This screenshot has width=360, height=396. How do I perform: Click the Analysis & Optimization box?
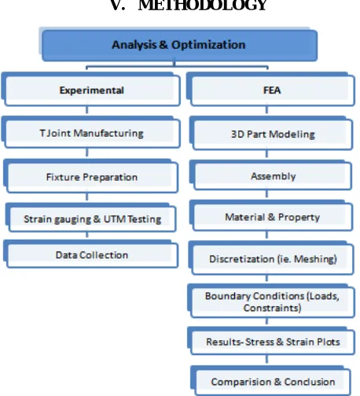[179, 46]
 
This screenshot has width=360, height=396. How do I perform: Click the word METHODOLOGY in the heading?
[203, 5]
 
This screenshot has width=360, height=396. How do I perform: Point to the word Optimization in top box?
[208, 45]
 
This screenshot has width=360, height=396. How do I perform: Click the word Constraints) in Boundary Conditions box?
[272, 308]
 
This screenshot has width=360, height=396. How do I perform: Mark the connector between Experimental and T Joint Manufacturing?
[87, 109]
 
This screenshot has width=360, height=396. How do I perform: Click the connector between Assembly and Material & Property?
[266, 193]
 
